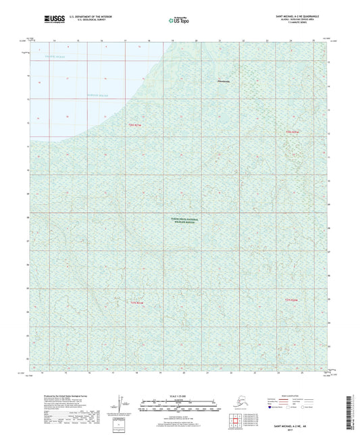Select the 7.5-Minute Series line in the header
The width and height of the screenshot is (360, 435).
coord(294,27)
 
